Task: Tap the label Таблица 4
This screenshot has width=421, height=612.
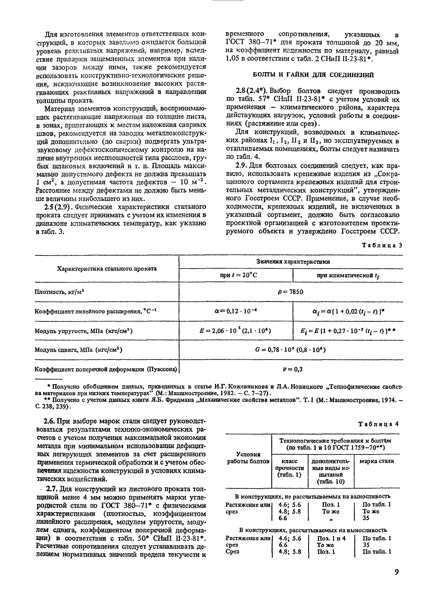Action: point(379,424)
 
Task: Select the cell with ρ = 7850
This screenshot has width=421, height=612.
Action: point(291,292)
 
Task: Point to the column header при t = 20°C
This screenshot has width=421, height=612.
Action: point(236,275)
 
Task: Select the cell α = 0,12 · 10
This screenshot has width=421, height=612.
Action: point(236,311)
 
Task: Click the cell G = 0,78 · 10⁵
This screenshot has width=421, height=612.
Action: point(291,350)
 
